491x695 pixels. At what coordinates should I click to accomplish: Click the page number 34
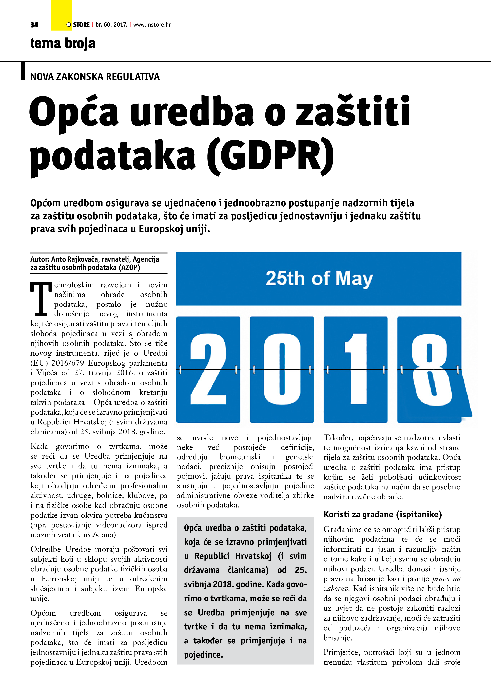34,25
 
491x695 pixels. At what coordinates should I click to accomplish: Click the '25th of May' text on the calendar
319,279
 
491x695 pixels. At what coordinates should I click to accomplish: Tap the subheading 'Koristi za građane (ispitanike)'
382,514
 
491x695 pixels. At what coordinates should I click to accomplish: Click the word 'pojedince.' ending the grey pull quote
203,655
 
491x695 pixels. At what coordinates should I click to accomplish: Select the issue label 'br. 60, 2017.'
111,25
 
